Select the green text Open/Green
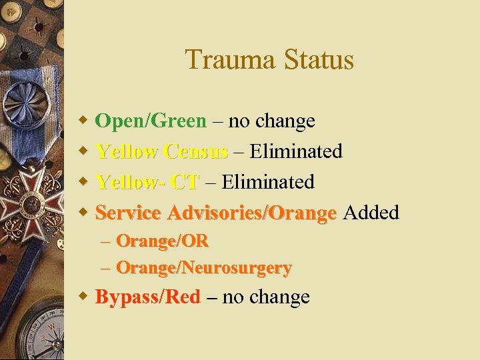tap(151, 121)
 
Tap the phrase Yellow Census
tap(161, 151)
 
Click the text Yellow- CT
tap(147, 181)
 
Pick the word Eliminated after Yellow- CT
tap(268, 181)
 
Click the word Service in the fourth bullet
tap(129, 213)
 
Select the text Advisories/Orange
tap(252, 213)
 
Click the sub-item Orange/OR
tap(162, 241)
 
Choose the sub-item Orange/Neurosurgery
tap(203, 268)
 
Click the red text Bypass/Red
tap(147, 297)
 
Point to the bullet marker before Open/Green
tap(83, 121)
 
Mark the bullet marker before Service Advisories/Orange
tap(83, 213)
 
